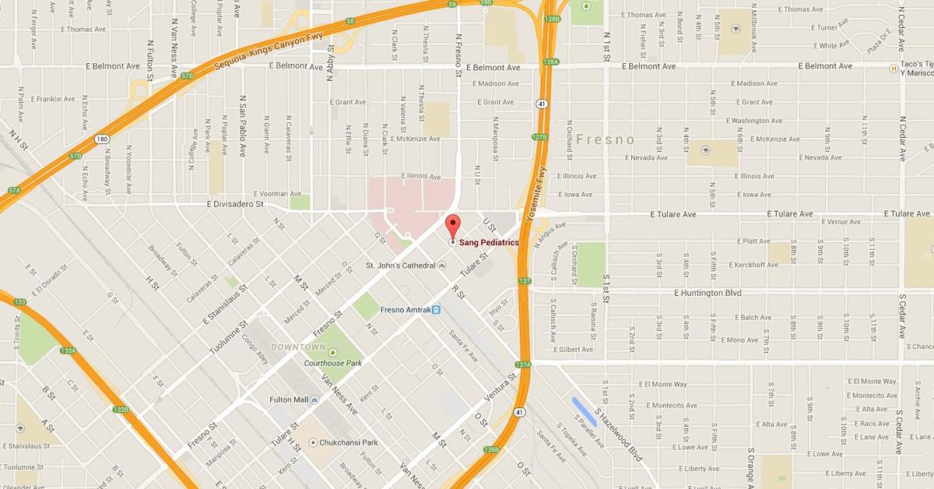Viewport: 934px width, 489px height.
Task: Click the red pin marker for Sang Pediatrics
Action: [x=452, y=228]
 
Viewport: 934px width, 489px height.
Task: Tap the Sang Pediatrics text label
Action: [x=489, y=242]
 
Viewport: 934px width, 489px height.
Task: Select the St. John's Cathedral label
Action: [x=402, y=266]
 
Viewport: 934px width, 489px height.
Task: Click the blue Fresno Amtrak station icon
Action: [x=437, y=310]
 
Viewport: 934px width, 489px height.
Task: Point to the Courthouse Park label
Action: [x=333, y=363]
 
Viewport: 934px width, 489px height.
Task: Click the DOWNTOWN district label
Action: [x=298, y=347]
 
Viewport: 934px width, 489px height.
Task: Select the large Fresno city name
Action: [x=606, y=139]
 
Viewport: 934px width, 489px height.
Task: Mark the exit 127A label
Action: [x=522, y=364]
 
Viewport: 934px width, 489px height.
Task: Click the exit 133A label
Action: [x=68, y=350]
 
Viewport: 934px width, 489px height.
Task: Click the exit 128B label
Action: [x=553, y=18]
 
